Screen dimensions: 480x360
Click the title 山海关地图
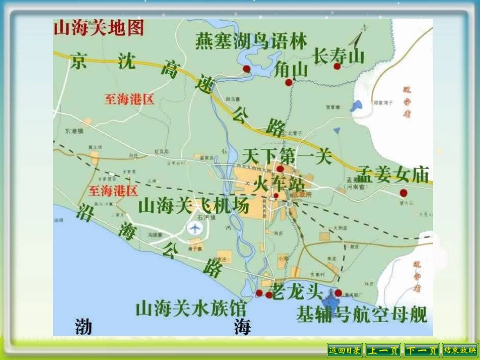pyautogui.click(x=99, y=28)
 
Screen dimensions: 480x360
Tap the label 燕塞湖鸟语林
pyautogui.click(x=251, y=42)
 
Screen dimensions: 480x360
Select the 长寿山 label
pyautogui.click(x=339, y=56)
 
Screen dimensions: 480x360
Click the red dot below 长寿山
pyautogui.click(x=337, y=66)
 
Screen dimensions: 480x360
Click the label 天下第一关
pyautogui.click(x=287, y=157)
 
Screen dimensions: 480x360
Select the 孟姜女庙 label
pyautogui.click(x=393, y=175)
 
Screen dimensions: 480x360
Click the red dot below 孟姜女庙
pyautogui.click(x=403, y=192)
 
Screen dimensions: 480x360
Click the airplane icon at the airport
pyautogui.click(x=195, y=228)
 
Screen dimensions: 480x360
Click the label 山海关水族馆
pyautogui.click(x=190, y=308)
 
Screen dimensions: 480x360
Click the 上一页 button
pyautogui.click(x=382, y=350)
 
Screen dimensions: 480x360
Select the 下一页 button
pyautogui.click(x=421, y=350)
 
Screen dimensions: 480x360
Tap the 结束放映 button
pyautogui.click(x=460, y=350)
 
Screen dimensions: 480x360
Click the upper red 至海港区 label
pyautogui.click(x=129, y=99)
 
